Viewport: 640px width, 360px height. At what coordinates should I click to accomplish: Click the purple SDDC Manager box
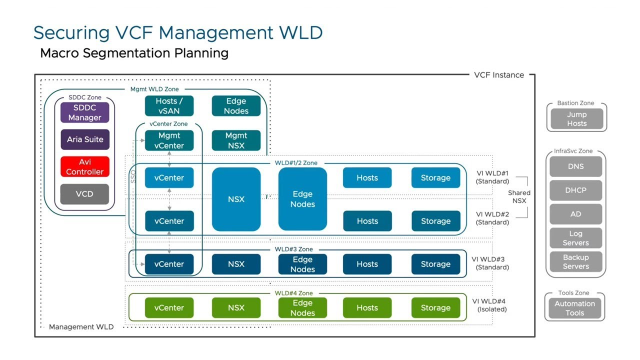[x=84, y=112]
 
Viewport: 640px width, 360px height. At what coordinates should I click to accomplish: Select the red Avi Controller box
[x=84, y=166]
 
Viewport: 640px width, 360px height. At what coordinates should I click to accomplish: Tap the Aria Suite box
[x=84, y=140]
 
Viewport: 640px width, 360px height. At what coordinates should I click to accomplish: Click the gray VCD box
[x=84, y=194]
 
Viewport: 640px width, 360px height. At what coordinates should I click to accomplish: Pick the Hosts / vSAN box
[x=168, y=106]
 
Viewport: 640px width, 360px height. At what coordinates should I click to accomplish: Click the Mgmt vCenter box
[x=168, y=140]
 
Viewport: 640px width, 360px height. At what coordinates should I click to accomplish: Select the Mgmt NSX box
[x=236, y=140]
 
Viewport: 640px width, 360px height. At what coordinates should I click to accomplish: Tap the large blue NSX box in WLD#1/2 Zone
[x=236, y=198]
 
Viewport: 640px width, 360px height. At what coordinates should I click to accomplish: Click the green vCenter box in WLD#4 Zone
[x=168, y=308]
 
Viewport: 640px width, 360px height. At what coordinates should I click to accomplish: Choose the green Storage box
[x=436, y=308]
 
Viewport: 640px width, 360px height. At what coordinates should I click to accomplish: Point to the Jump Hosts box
[x=576, y=120]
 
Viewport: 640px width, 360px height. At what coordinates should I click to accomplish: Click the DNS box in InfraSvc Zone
[x=576, y=167]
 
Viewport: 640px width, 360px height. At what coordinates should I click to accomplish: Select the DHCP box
[x=576, y=190]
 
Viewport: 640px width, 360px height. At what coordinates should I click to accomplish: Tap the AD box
[x=576, y=214]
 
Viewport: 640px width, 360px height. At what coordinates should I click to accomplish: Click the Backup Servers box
[x=576, y=262]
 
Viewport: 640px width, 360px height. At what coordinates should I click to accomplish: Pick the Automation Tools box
[x=576, y=310]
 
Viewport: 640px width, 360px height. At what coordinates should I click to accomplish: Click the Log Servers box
[x=576, y=238]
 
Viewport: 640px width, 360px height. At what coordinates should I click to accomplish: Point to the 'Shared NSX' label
[x=519, y=197]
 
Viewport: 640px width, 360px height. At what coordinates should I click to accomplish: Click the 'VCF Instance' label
[x=499, y=75]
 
